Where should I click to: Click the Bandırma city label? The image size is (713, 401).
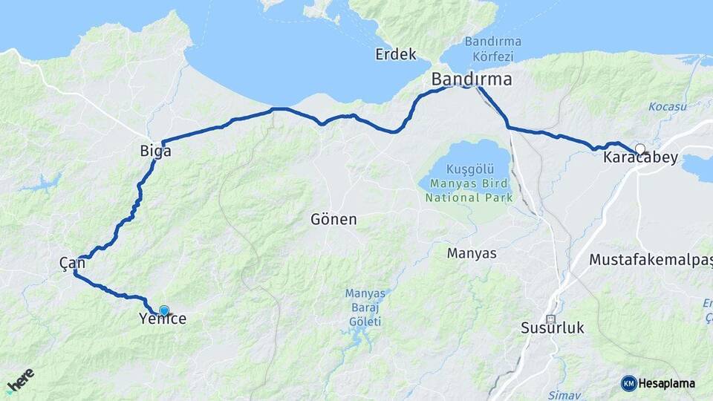[x=472, y=79]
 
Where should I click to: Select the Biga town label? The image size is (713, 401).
[x=155, y=151]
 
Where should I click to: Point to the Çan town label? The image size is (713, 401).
[x=72, y=263]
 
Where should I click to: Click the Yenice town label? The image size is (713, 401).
[x=163, y=319]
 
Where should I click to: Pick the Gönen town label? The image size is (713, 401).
[x=333, y=220]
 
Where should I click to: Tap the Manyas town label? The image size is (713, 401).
[x=472, y=253]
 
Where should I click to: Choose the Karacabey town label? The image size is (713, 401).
[x=639, y=158]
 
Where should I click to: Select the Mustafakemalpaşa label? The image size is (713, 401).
[x=651, y=260]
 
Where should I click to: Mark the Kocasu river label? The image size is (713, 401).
[x=662, y=107]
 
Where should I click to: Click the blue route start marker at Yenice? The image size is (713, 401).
[x=164, y=310]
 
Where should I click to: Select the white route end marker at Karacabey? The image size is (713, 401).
[x=639, y=149]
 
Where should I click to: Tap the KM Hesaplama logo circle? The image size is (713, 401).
[x=629, y=383]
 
